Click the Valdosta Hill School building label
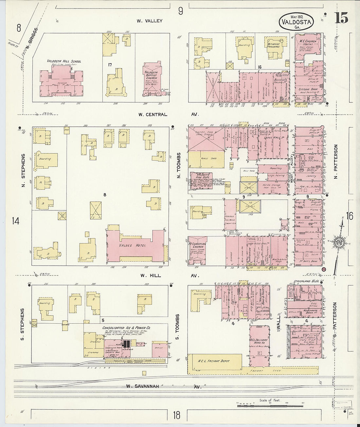tap(64, 61)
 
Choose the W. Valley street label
tap(149, 21)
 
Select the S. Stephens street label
tap(23, 324)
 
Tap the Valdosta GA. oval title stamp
tap(297, 22)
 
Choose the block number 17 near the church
tap(110, 65)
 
